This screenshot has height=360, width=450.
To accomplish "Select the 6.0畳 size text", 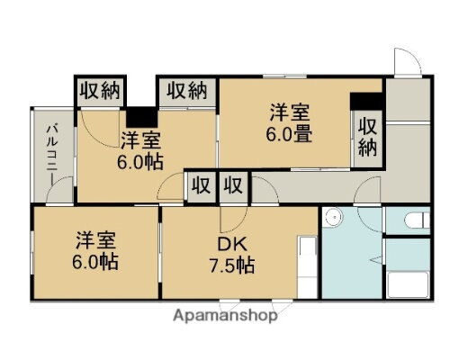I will (x=289, y=135).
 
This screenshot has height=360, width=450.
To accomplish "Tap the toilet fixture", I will (x=416, y=219).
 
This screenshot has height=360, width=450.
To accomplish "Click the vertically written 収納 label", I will (x=366, y=137).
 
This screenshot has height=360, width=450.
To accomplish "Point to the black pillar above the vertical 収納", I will (x=366, y=101).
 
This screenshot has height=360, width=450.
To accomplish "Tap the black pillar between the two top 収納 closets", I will (x=139, y=117).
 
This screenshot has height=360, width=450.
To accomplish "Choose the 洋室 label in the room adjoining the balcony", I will (x=140, y=140).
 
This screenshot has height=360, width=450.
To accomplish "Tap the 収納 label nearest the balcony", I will (x=99, y=90).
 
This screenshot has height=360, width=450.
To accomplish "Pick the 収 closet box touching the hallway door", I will (x=232, y=186).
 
